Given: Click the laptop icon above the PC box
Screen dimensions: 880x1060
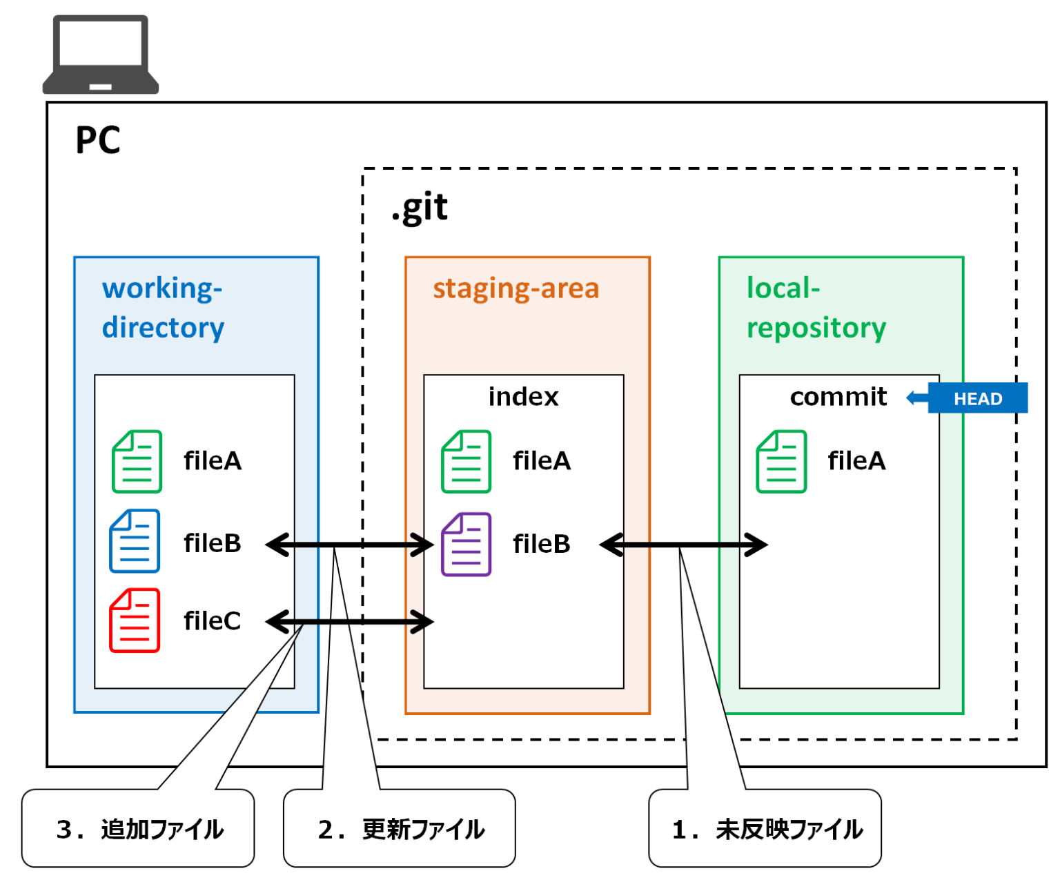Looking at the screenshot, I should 101,54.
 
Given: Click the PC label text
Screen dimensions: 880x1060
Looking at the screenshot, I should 97,140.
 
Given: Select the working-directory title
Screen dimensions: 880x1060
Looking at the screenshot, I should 163,307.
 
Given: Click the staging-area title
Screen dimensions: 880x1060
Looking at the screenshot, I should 516,289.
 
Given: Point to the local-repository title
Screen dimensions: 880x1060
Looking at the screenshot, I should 816,307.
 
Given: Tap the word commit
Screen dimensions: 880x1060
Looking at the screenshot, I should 838,397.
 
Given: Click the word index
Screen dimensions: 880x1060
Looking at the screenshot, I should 523,397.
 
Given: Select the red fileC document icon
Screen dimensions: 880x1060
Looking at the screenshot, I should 135,620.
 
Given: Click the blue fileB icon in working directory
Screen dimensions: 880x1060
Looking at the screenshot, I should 135,541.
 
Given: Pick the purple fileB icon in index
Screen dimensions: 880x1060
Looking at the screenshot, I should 466,544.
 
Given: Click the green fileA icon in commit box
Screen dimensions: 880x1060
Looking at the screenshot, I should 781,461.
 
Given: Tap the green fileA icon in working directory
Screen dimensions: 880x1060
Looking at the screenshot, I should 137,461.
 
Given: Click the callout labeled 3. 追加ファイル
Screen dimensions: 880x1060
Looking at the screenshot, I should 138,828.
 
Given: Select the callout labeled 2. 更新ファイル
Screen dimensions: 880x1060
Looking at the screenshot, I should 400,828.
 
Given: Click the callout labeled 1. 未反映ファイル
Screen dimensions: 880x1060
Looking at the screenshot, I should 765,828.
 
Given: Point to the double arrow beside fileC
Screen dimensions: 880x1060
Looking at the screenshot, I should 349,622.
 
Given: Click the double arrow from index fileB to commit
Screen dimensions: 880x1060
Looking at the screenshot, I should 683,545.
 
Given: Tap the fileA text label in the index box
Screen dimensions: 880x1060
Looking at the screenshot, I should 542,460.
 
